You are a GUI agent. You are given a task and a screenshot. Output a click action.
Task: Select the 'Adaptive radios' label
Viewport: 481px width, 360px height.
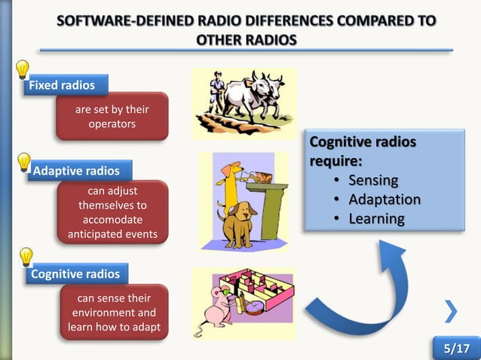[x=77, y=171]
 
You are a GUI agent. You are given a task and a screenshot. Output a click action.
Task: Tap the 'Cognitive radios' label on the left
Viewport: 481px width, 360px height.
[x=75, y=274]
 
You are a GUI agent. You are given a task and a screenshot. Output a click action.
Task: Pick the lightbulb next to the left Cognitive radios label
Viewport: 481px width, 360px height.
[x=25, y=258]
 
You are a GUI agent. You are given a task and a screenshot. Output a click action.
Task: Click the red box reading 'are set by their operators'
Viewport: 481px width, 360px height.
[x=112, y=117]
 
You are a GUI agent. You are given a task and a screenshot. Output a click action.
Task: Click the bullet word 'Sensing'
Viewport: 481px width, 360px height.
[x=372, y=181]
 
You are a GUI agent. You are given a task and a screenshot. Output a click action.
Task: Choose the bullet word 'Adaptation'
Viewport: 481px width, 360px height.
[x=384, y=200]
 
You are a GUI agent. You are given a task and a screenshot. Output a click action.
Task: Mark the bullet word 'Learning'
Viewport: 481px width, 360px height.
[x=376, y=220]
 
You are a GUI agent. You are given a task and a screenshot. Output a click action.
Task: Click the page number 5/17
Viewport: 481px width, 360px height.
[x=456, y=349]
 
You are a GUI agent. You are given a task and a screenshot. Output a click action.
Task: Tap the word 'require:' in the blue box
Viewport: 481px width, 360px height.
[x=335, y=160]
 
